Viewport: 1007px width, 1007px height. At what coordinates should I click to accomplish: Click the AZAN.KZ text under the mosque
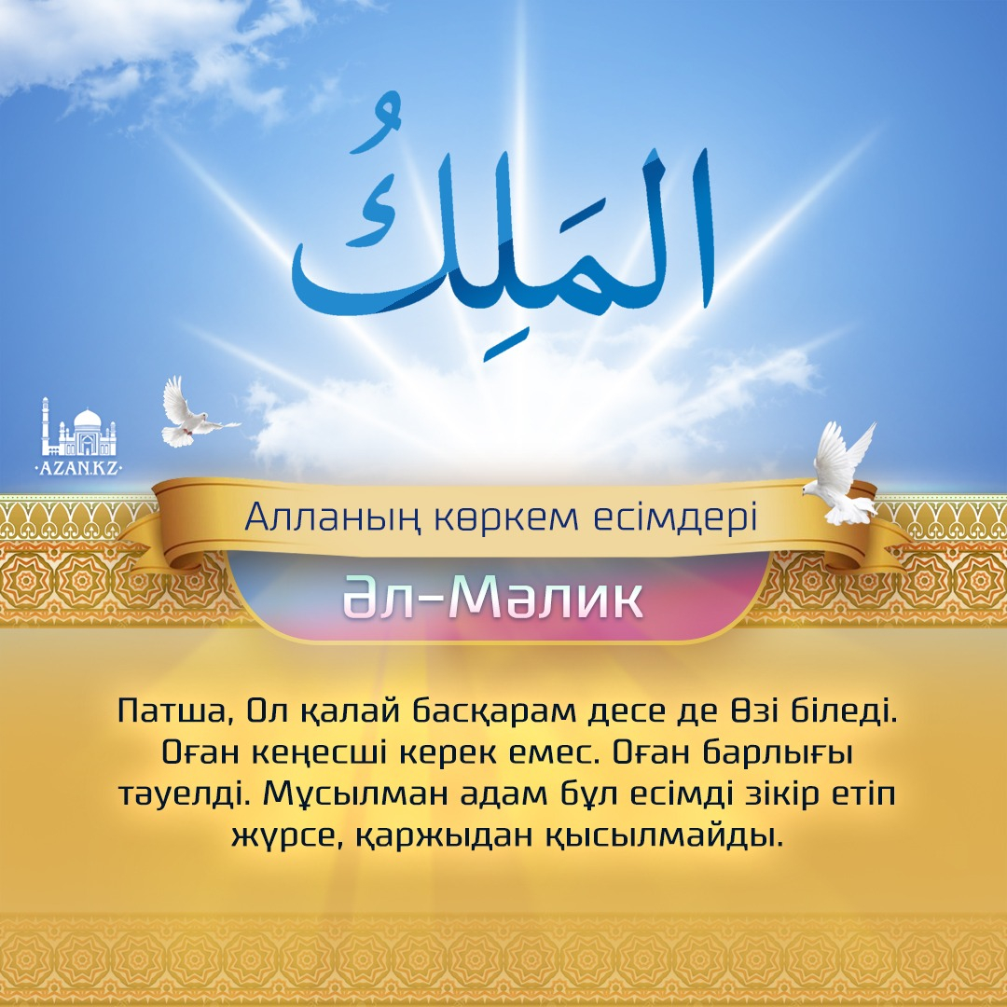pos(79,467)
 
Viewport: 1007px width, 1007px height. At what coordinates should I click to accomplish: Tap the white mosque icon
pos(79,426)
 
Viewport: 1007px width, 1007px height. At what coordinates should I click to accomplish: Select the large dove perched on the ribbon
pos(839,474)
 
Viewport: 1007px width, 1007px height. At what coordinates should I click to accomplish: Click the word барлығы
pos(777,752)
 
